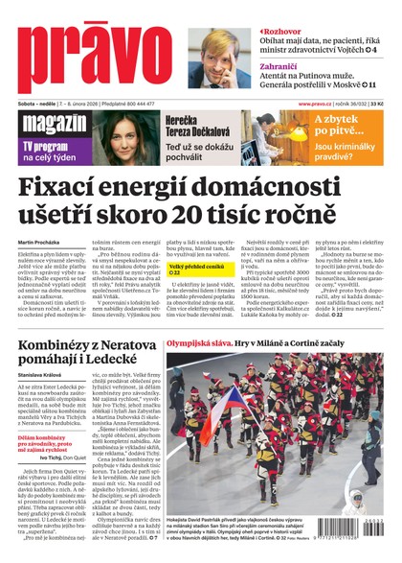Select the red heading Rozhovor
[x=287, y=31]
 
